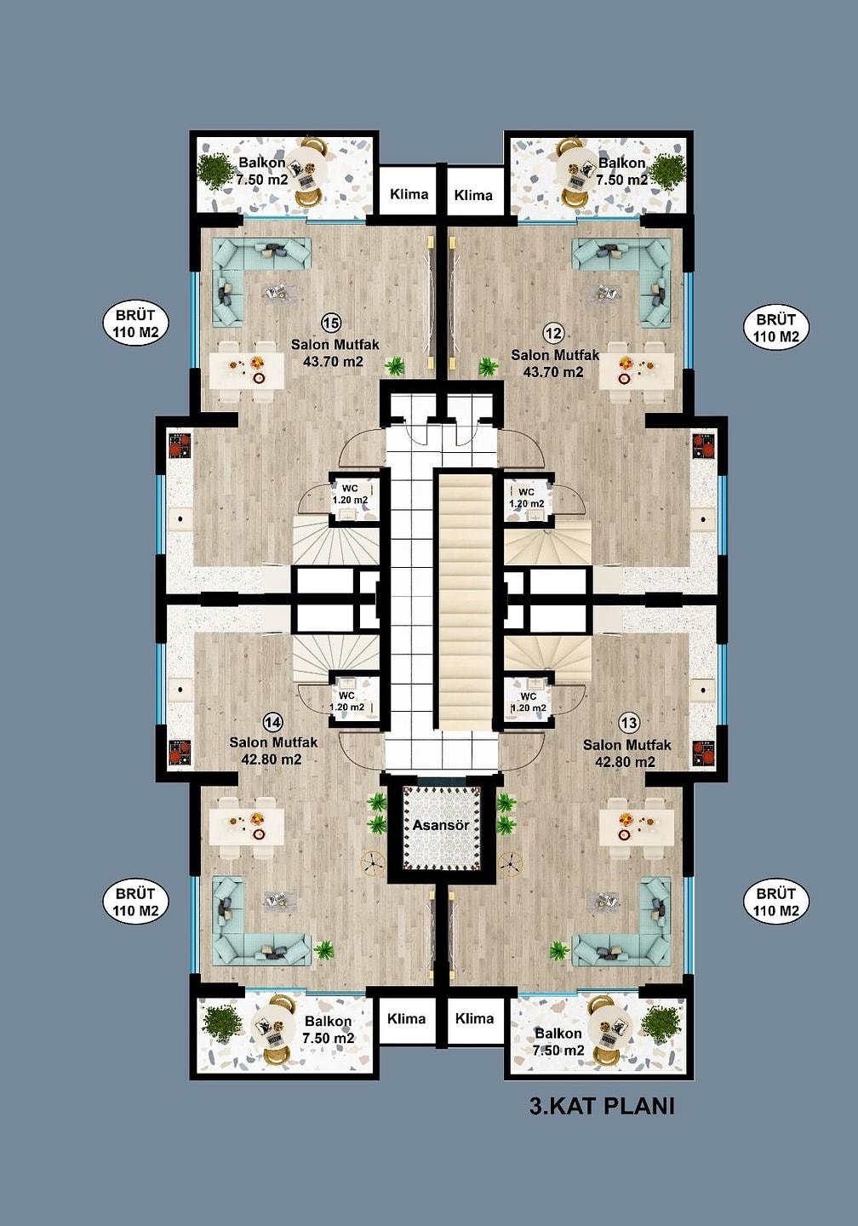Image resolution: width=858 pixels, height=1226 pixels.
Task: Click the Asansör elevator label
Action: (x=441, y=825)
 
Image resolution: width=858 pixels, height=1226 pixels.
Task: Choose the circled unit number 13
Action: (x=629, y=724)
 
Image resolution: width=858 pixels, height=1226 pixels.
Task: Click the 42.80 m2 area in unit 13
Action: (x=625, y=761)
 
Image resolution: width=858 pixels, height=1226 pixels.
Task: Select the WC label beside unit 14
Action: (x=346, y=696)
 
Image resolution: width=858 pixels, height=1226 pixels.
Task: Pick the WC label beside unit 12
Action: (x=526, y=493)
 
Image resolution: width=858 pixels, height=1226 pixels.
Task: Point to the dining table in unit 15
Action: (x=248, y=370)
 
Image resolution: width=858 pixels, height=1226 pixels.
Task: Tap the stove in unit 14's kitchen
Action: (x=180, y=752)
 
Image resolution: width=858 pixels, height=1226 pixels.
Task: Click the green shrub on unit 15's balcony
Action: (x=214, y=170)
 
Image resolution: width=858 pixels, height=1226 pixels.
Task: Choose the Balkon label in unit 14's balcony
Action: (x=328, y=1022)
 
